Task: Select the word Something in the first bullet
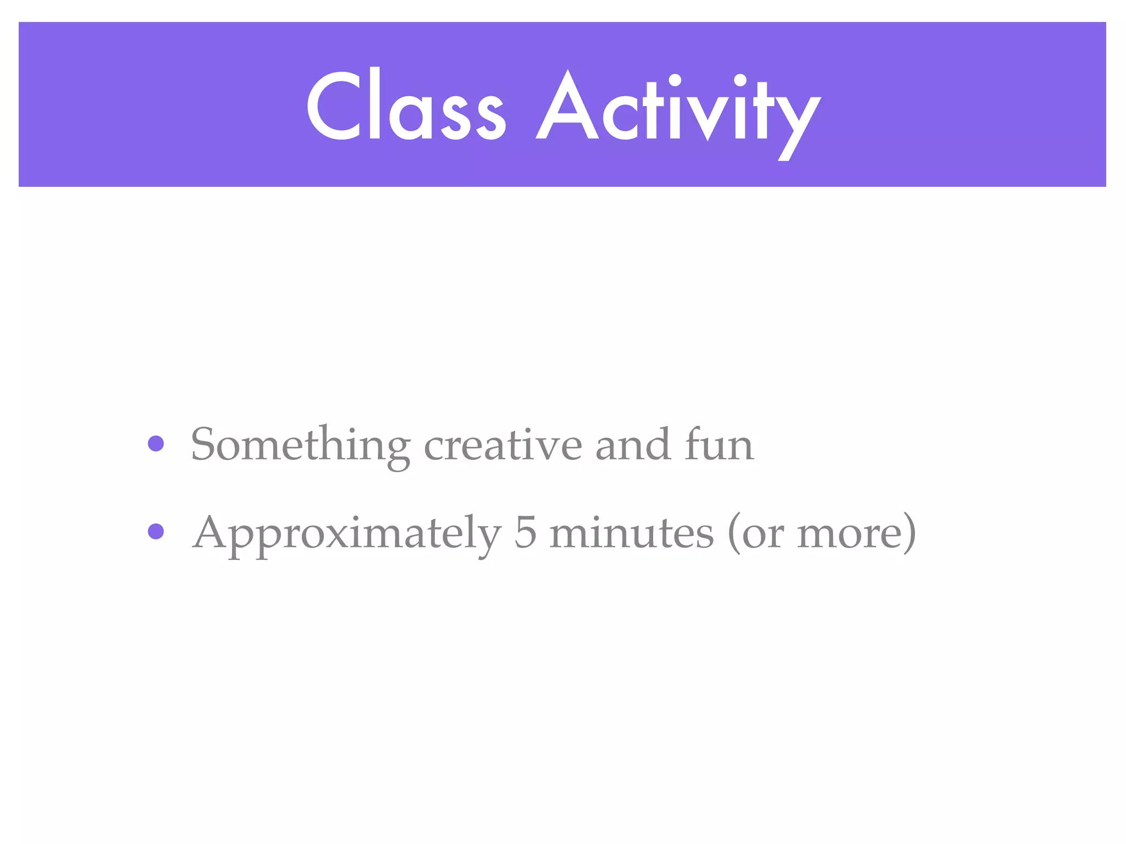[x=300, y=445]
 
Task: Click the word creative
[x=503, y=445]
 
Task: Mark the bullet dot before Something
[x=156, y=443]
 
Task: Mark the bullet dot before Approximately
[x=156, y=531]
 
